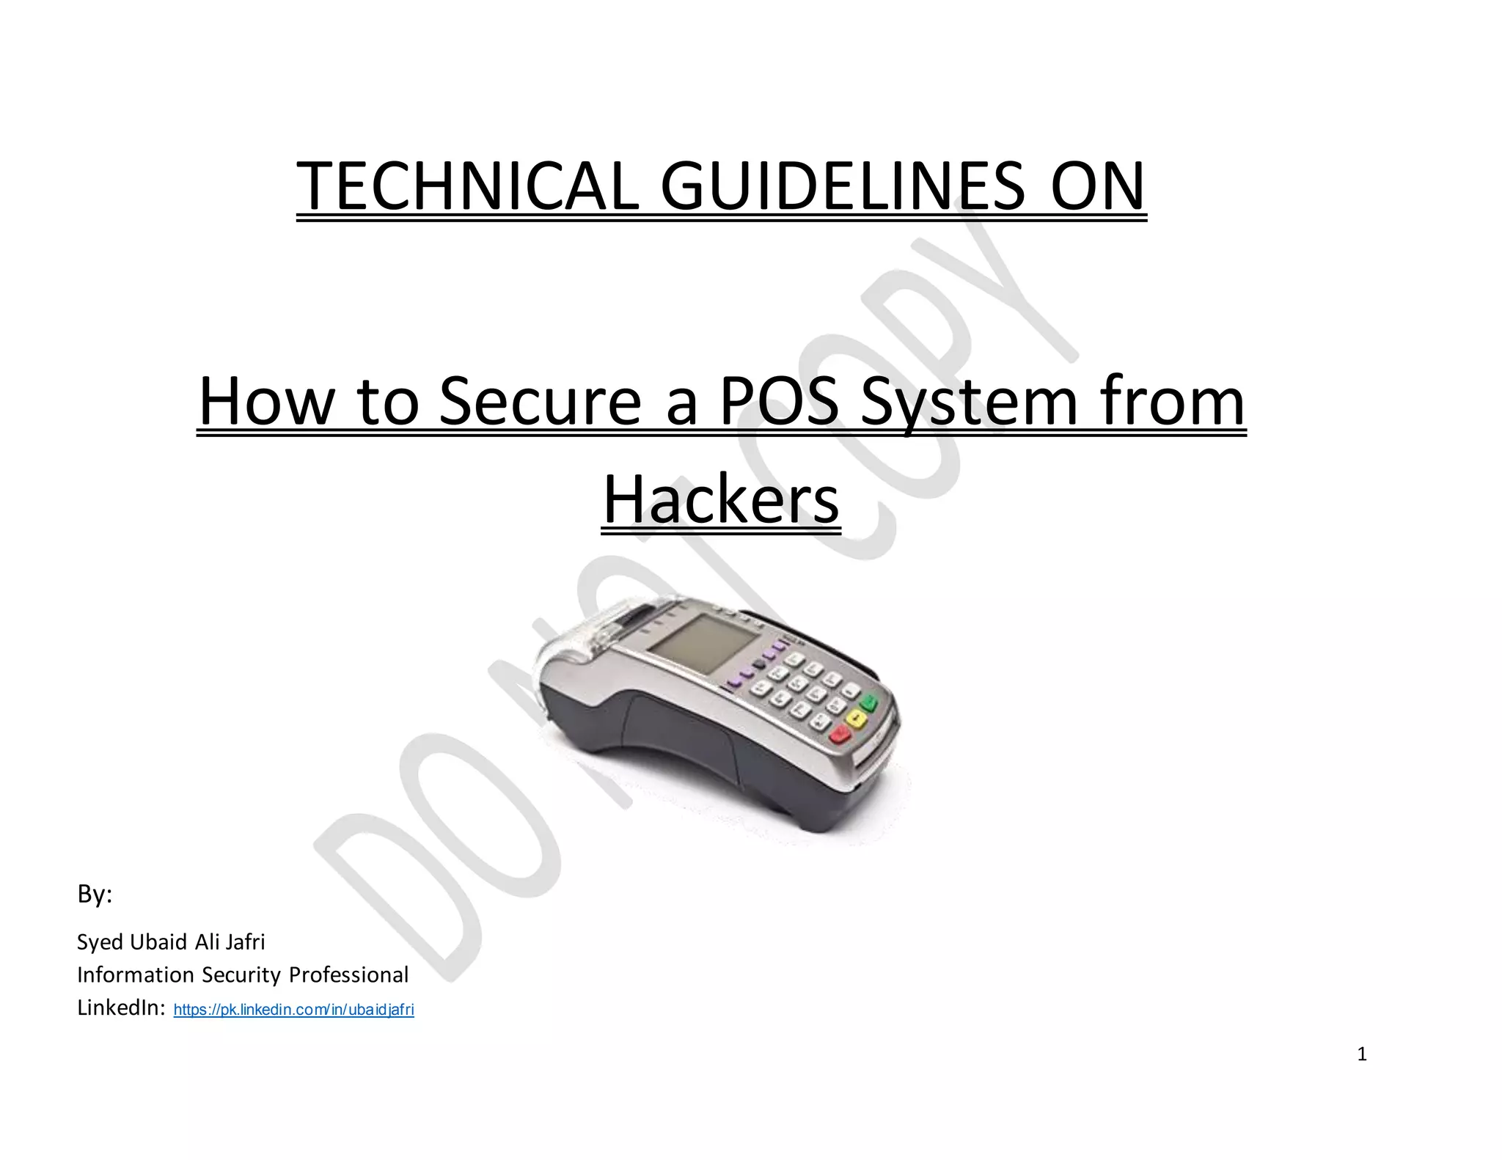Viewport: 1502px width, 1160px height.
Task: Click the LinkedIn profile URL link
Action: pos(293,1010)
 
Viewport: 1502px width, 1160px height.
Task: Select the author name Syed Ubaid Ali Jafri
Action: pos(171,941)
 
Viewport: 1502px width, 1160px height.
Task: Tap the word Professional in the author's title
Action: pos(348,974)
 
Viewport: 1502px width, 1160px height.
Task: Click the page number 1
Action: pos(1362,1054)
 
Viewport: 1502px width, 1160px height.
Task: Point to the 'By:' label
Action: pos(95,894)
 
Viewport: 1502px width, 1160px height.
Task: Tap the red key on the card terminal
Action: pos(840,735)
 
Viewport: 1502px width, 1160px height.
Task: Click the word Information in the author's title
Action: pos(136,974)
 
